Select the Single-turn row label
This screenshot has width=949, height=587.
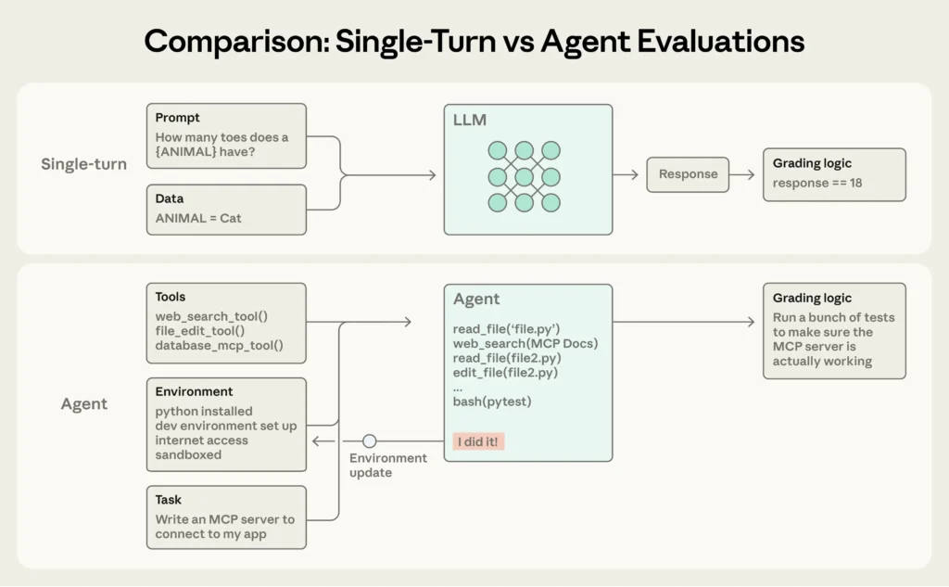point(84,164)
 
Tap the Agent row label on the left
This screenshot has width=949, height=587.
point(84,404)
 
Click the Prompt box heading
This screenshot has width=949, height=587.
point(177,118)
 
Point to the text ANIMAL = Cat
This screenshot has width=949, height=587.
point(198,218)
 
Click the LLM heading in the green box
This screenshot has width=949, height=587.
point(470,121)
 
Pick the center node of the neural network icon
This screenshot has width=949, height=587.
point(525,175)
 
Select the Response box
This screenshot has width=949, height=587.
point(688,174)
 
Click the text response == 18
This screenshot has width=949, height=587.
point(817,183)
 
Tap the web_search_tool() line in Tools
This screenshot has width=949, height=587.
point(211,316)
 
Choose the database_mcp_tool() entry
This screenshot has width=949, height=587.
point(219,346)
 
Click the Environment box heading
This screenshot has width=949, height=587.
point(194,391)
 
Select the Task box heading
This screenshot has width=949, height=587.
point(169,500)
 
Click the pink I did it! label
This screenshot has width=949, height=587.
point(479,441)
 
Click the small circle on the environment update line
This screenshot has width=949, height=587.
point(370,441)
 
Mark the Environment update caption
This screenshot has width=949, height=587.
point(387,466)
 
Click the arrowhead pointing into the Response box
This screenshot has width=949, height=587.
point(635,174)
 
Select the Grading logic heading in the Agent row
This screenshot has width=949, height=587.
point(812,298)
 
